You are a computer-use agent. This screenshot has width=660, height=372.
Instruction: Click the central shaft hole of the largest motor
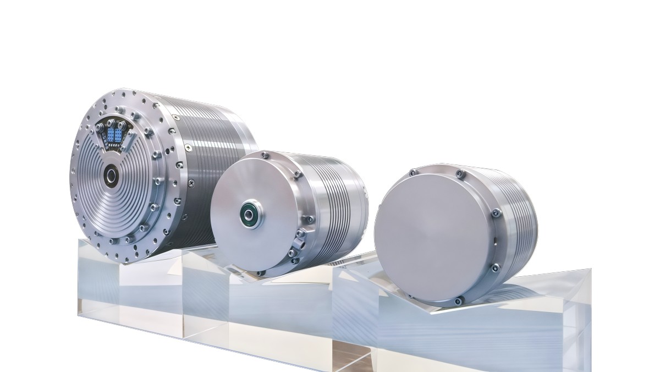[x=112, y=177]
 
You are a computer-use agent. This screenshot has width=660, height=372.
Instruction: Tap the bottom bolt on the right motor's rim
[x=457, y=300]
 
